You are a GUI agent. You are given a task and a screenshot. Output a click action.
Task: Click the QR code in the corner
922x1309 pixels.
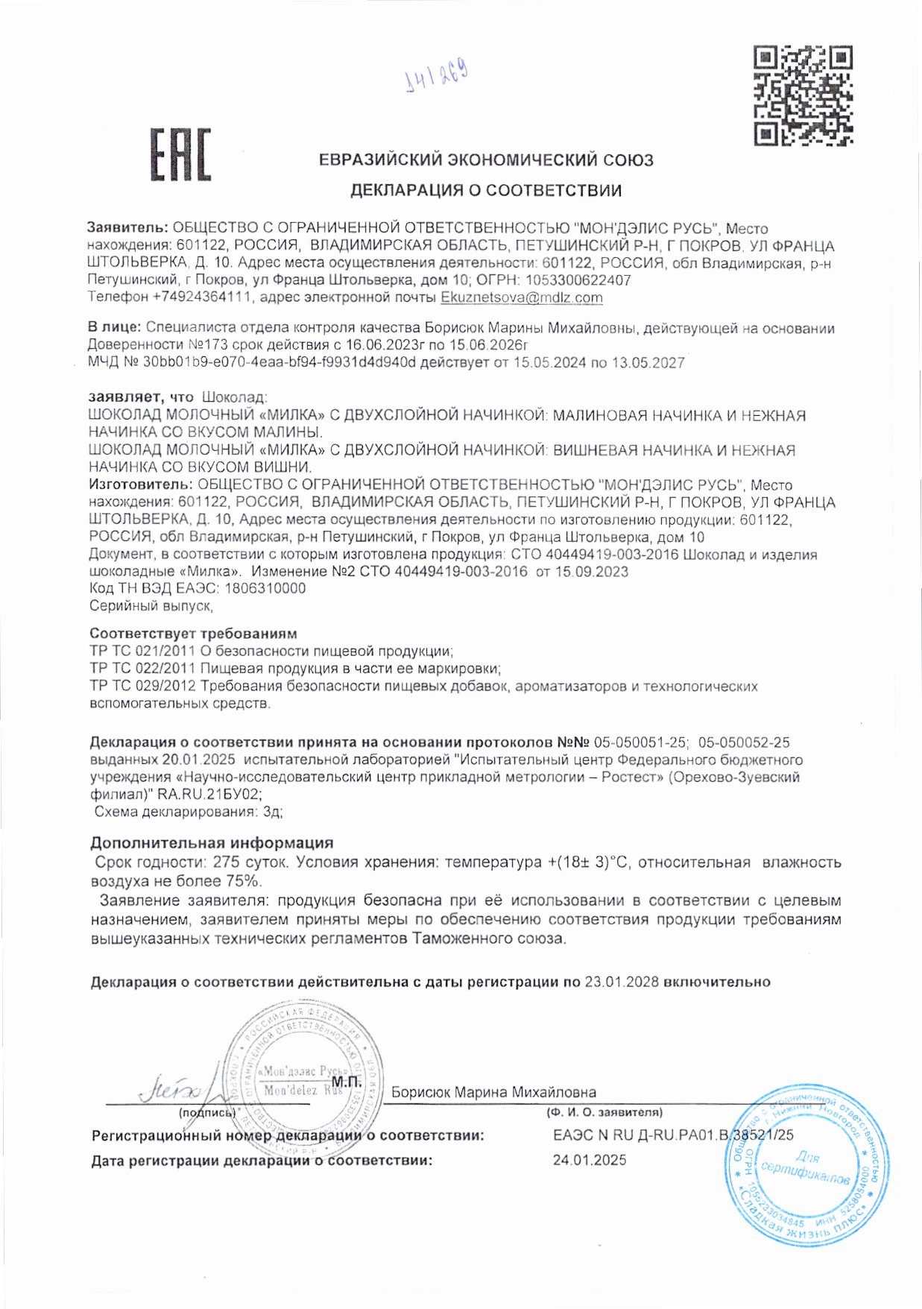(803, 95)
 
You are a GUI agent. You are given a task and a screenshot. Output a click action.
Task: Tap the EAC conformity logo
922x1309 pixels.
(181, 154)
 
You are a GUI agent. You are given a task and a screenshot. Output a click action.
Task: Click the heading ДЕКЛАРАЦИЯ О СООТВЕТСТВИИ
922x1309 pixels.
(486, 190)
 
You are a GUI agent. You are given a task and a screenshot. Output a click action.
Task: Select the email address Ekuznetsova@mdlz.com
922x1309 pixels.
(522, 297)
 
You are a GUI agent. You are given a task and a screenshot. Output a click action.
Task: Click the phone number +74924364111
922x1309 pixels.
(201, 297)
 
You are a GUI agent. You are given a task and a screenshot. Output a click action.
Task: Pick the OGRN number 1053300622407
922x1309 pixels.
(578, 280)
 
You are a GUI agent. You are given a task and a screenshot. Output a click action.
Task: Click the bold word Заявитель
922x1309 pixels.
(127, 228)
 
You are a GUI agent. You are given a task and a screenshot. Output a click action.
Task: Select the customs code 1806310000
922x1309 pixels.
(265, 588)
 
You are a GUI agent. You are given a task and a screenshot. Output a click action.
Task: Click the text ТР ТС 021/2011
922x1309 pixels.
(142, 651)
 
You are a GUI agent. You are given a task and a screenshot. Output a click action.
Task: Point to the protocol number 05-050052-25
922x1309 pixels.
(744, 742)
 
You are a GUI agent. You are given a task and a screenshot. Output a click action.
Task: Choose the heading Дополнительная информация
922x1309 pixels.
(212, 843)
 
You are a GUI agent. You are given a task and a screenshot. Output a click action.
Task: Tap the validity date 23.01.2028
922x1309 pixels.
(622, 982)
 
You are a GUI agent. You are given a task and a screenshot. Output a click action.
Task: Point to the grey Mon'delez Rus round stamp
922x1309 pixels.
(304, 1080)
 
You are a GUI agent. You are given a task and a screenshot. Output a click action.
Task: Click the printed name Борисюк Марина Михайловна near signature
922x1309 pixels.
(493, 1092)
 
